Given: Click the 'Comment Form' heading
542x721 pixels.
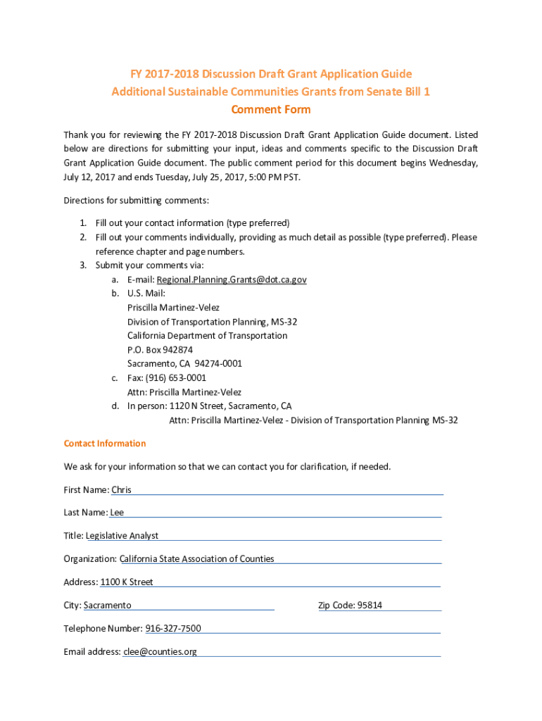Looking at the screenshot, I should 271,110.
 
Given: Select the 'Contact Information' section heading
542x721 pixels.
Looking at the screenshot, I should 105,444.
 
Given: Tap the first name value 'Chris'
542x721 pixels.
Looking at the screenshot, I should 121,490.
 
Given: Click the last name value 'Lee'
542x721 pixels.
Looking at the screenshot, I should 117,513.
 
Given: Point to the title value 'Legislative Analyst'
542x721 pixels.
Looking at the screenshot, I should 122,536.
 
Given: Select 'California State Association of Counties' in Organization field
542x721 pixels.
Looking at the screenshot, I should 197,559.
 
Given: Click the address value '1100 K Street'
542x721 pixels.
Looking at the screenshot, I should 127,582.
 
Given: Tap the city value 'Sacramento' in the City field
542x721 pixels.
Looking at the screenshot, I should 108,606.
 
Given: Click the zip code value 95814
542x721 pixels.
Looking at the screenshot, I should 370,606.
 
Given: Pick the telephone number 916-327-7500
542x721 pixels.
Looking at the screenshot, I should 173,629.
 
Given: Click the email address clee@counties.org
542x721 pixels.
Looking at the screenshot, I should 160,652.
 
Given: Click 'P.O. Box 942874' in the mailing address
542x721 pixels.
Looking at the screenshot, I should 160,350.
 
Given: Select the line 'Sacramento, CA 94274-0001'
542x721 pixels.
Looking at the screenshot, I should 184,364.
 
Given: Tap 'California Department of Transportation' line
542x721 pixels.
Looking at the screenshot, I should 207,336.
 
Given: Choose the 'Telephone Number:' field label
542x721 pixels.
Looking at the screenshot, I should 103,629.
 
